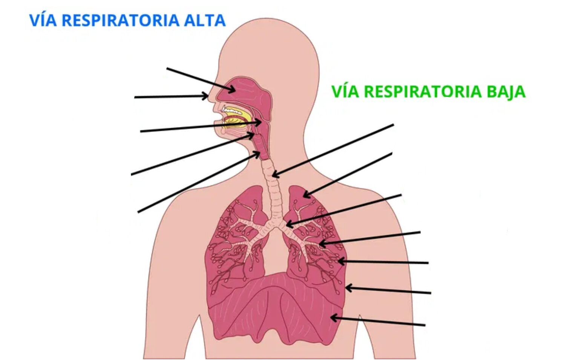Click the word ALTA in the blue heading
(x=205, y=20)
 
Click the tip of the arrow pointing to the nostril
(x=208, y=96)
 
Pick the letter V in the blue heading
(x=35, y=20)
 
